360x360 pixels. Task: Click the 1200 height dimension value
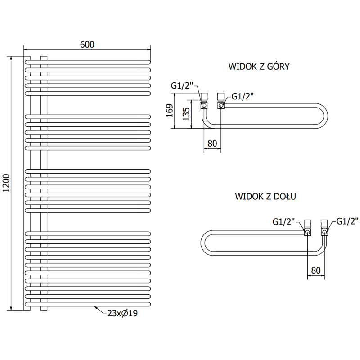pos(5,183)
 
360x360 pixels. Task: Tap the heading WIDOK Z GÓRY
pos(258,67)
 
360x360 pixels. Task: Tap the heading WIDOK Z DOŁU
pos(265,197)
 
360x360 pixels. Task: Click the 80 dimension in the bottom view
pos(315,271)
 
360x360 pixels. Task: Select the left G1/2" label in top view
pos(181,86)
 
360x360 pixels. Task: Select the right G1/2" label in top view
pos(243,96)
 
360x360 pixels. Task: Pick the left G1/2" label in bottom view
pos(284,221)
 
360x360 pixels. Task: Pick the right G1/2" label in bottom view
pos(347,221)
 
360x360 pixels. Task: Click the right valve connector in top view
pos(221,101)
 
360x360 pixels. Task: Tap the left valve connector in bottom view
pos(308,229)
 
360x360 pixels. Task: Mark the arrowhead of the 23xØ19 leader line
pos(96,308)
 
